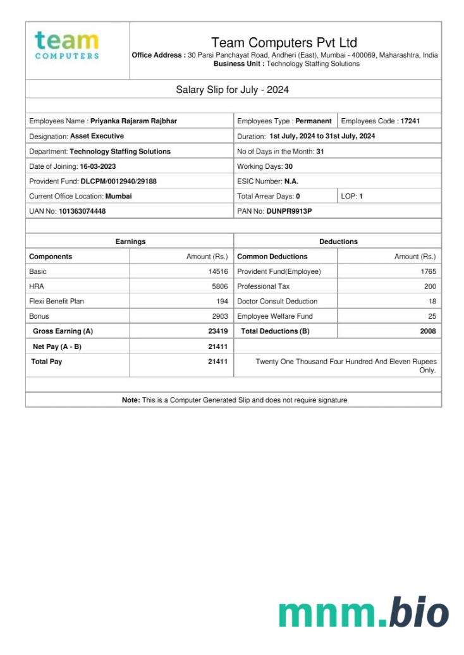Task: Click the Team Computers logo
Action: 66,45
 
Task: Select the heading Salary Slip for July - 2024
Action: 232,90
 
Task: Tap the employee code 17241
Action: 410,121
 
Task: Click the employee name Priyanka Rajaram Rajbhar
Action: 133,121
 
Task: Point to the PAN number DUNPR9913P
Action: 289,211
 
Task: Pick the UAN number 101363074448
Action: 82,211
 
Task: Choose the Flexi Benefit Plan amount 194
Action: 222,302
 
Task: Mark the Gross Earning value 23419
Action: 217,331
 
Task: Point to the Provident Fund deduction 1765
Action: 428,272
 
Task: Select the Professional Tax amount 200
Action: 430,286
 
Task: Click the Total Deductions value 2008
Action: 428,331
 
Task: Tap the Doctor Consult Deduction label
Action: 277,302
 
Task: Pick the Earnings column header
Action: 130,242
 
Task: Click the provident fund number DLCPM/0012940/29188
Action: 118,181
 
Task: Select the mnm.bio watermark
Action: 363,612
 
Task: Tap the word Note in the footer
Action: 131,400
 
